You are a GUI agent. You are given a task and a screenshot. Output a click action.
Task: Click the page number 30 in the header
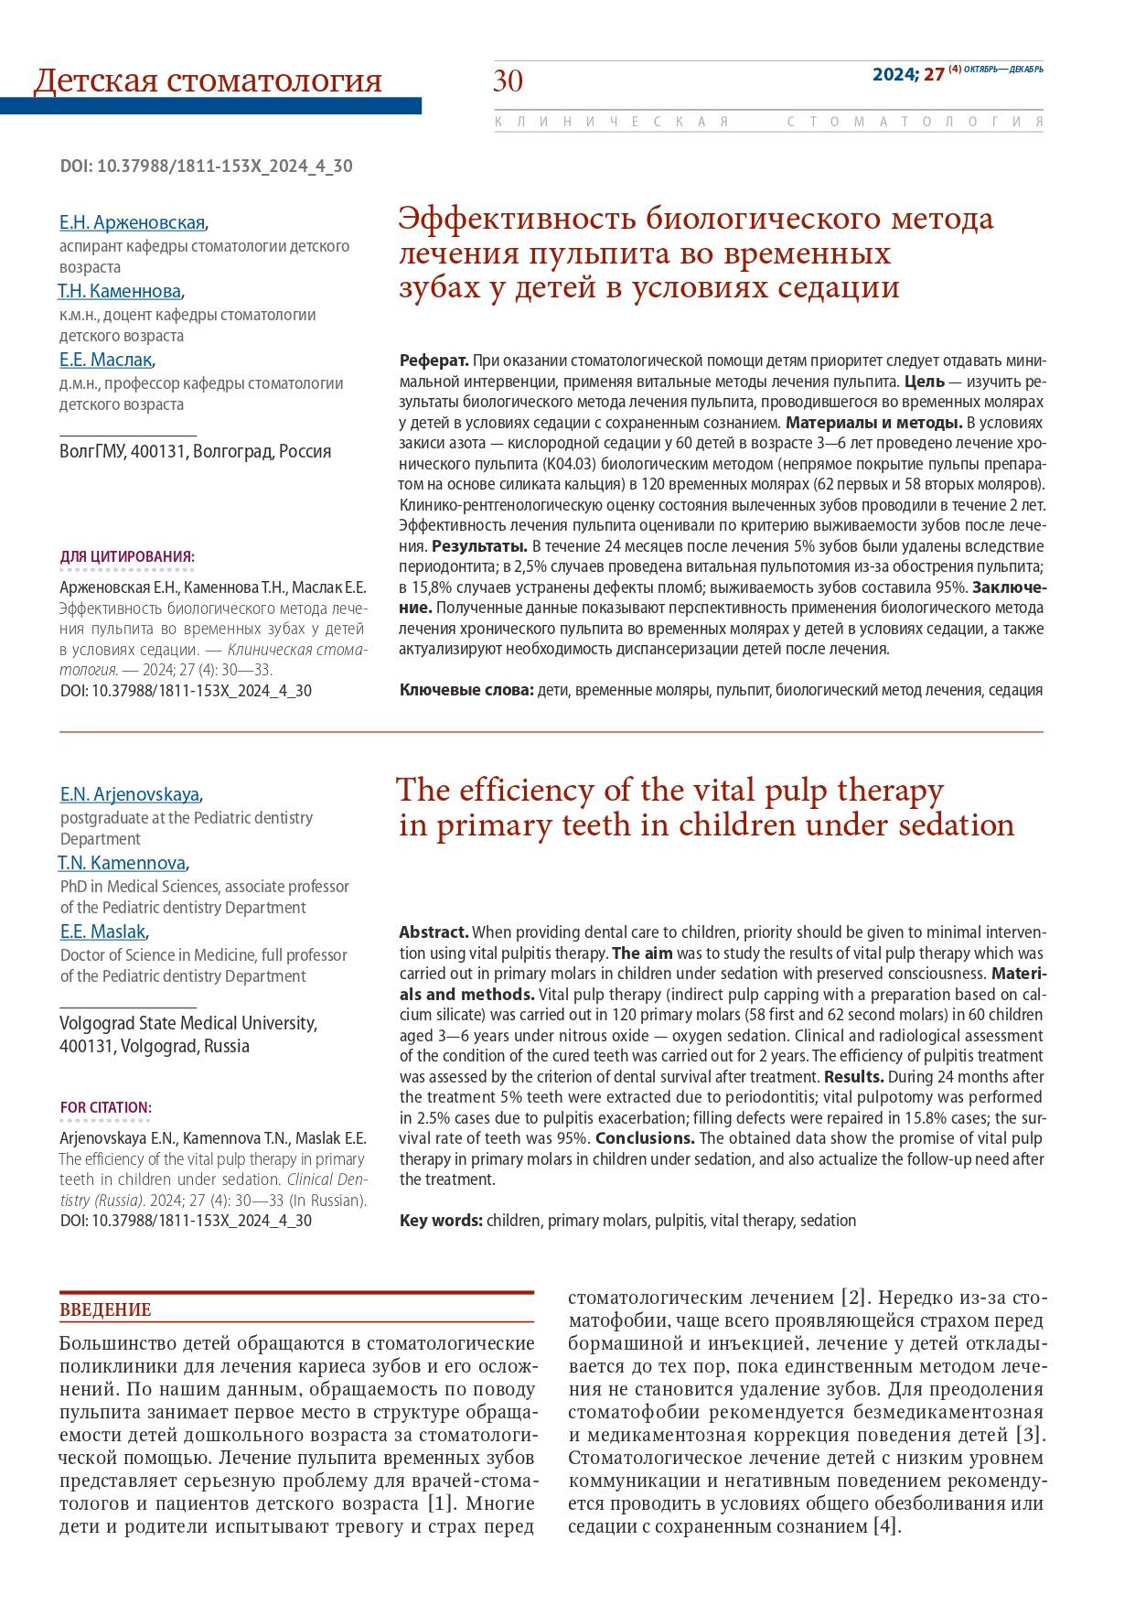(x=509, y=81)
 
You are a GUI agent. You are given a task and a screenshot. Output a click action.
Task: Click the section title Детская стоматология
(x=208, y=81)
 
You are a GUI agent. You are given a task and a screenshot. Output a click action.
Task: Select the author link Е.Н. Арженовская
(x=132, y=222)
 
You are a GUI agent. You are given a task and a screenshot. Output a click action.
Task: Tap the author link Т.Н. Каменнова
(x=119, y=291)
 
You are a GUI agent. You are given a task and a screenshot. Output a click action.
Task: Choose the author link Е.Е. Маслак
(x=106, y=360)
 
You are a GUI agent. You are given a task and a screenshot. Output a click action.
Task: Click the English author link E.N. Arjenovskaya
(x=130, y=793)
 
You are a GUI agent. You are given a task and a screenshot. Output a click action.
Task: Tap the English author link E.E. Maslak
(x=103, y=932)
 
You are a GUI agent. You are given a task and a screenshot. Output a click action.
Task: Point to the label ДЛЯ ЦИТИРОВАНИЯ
(x=127, y=557)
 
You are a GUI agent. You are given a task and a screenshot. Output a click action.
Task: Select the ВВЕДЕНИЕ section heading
(x=105, y=1309)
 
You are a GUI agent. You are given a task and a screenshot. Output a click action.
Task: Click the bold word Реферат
(x=434, y=360)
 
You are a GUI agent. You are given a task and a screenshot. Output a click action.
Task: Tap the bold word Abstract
(x=434, y=932)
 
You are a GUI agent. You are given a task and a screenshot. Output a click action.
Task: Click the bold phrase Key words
(x=441, y=1221)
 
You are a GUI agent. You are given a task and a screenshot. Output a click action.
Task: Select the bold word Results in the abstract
(x=853, y=1077)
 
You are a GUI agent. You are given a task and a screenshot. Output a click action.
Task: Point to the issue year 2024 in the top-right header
(x=895, y=75)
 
